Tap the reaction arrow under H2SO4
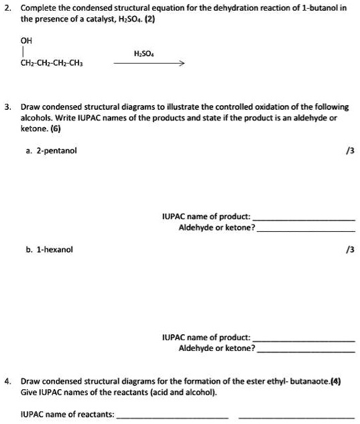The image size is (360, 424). [x=149, y=64]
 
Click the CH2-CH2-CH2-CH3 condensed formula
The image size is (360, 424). [x=52, y=64]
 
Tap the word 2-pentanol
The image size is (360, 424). [x=56, y=150]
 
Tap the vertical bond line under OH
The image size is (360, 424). [x=24, y=51]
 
